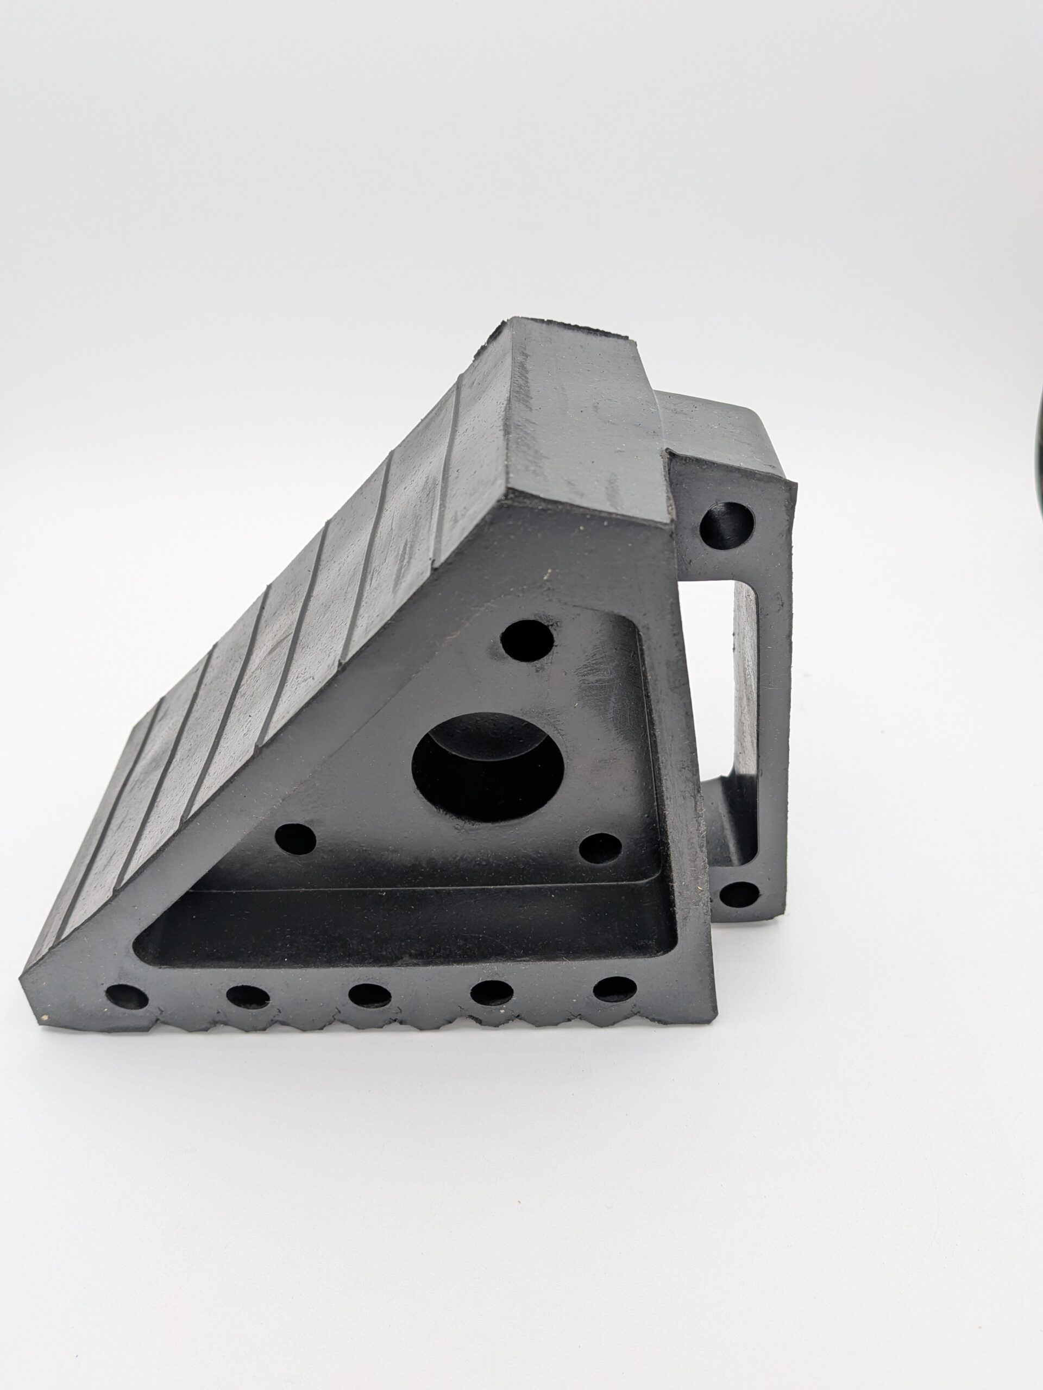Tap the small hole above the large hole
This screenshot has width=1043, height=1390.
pyautogui.click(x=527, y=640)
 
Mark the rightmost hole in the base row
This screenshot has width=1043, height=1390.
pyautogui.click(x=614, y=988)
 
